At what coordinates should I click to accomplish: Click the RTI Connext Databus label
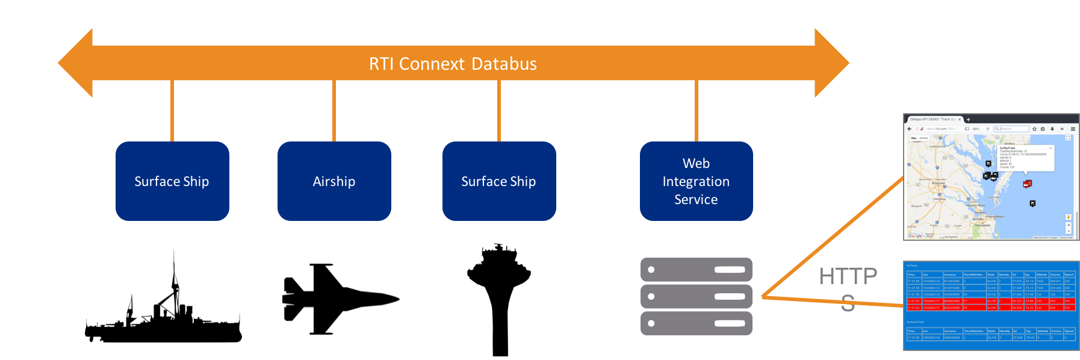tap(453, 63)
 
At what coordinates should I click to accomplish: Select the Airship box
tap(334, 181)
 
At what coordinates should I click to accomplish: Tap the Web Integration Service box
tap(696, 181)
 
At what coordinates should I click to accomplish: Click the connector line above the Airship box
tap(334, 111)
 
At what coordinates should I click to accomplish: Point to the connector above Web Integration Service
tap(696, 111)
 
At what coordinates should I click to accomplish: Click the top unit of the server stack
tap(696, 270)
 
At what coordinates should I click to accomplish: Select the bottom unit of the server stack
tap(696, 323)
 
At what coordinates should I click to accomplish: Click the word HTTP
tap(848, 276)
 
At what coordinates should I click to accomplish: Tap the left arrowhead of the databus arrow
tap(76, 63)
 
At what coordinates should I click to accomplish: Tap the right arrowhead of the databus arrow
tap(831, 63)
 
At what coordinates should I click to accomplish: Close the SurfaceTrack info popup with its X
tap(1051, 148)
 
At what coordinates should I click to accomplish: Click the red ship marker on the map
tap(1027, 184)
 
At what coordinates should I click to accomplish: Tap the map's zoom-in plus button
tap(1068, 225)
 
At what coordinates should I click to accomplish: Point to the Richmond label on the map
tap(938, 183)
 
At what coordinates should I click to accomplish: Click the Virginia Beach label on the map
tap(995, 217)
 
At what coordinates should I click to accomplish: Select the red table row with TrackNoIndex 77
tap(990, 301)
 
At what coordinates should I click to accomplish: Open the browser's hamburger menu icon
tap(1073, 129)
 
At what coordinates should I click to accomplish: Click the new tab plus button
tap(968, 120)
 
